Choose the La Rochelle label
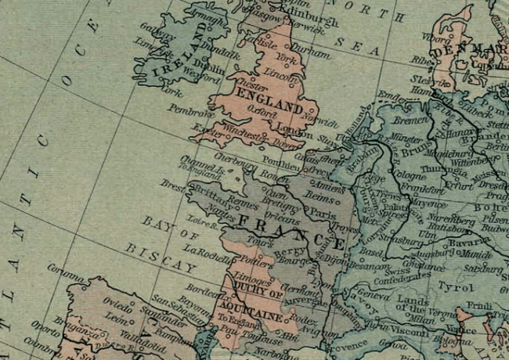coord(205,250)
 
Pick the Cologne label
coord(410,174)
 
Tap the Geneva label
coord(370,294)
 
